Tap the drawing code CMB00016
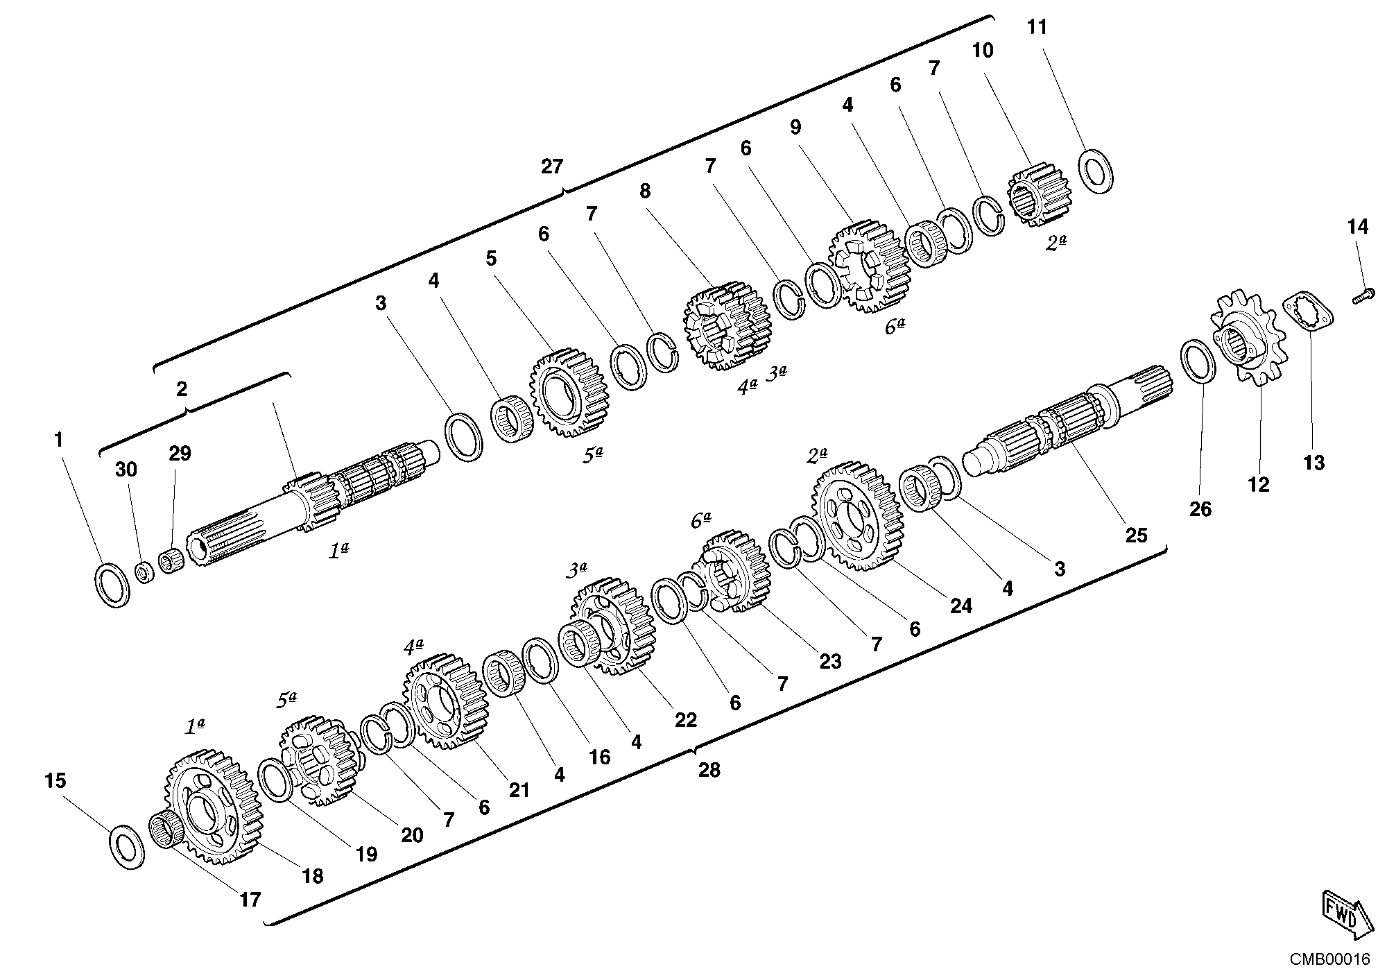click(1330, 960)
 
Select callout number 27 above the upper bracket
click(552, 167)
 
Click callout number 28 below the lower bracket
click(709, 770)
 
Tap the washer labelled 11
click(1098, 170)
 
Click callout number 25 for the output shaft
click(1137, 535)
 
